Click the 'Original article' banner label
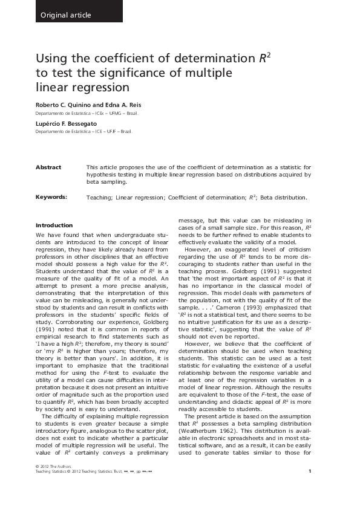65,15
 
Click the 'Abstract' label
48,167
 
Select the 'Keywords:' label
51,197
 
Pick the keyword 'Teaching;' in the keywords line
100,197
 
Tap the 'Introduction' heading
54,225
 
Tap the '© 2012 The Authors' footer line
53,484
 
